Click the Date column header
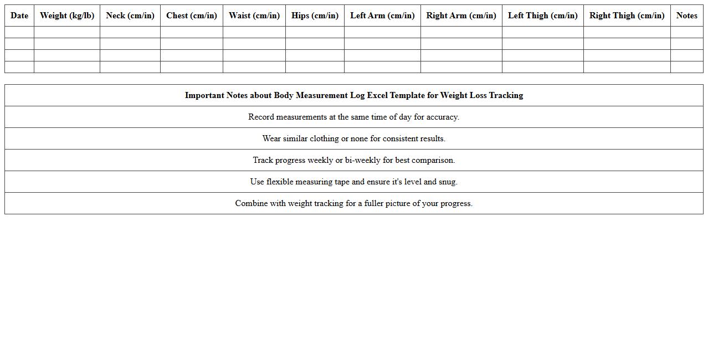(19, 16)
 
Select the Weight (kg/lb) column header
(67, 16)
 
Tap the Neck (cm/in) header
(130, 16)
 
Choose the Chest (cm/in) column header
(192, 16)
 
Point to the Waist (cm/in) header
(254, 16)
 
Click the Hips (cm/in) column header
(315, 16)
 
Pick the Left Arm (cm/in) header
(382, 16)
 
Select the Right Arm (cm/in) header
(461, 16)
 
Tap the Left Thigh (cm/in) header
(543, 16)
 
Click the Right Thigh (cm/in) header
(627, 16)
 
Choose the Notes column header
(687, 16)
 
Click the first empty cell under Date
(19, 32)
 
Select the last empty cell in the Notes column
(687, 67)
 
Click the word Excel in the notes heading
(377, 95)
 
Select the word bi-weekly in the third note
(362, 160)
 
